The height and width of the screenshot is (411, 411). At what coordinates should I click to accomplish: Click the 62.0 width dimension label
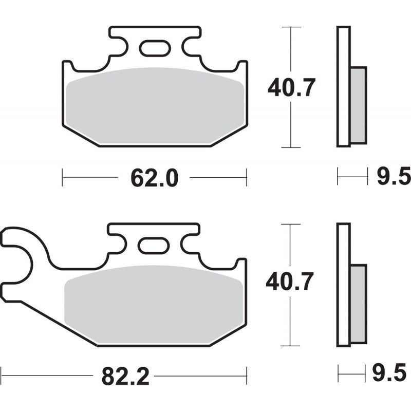(155, 178)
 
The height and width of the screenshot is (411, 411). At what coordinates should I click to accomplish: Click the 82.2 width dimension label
(125, 376)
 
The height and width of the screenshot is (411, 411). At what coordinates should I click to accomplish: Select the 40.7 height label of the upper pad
(291, 87)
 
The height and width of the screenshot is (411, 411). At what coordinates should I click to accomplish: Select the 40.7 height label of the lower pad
(290, 282)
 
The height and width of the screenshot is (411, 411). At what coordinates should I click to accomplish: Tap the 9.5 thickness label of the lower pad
(389, 372)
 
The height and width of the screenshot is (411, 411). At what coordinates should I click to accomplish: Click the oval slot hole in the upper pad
(155, 48)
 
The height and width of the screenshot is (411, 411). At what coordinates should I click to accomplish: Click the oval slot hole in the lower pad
(154, 246)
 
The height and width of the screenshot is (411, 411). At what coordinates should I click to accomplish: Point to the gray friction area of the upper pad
(155, 106)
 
